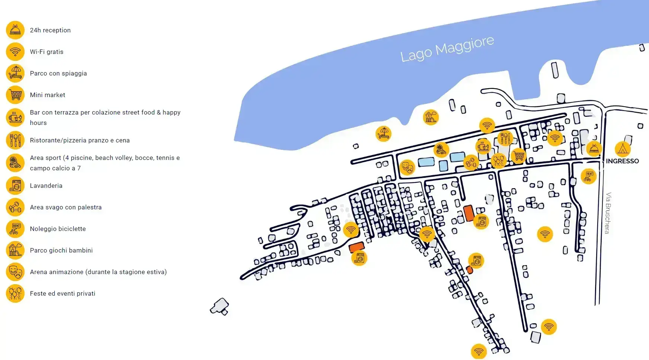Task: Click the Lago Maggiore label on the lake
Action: click(x=447, y=49)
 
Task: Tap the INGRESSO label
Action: click(x=622, y=161)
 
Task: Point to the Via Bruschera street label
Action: click(x=608, y=213)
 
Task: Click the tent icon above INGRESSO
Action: click(x=623, y=149)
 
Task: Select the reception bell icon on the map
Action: click(x=594, y=148)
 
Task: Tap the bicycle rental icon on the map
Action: click(x=588, y=176)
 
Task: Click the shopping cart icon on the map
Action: click(x=518, y=156)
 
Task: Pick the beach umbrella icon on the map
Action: click(x=383, y=134)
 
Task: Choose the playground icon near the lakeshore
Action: click(x=431, y=117)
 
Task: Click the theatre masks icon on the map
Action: click(x=407, y=167)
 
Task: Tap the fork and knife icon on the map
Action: click(x=505, y=138)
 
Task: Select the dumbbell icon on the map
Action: click(x=471, y=163)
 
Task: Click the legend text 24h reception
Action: click(x=50, y=30)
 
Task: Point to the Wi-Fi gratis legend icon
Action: click(x=15, y=52)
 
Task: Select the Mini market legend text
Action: click(x=48, y=95)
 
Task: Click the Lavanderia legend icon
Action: click(x=15, y=186)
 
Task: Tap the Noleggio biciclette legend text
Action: click(x=58, y=229)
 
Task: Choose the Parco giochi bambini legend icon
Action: click(x=15, y=250)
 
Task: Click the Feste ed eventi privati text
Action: click(x=63, y=293)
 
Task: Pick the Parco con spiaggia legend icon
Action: click(x=15, y=73)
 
